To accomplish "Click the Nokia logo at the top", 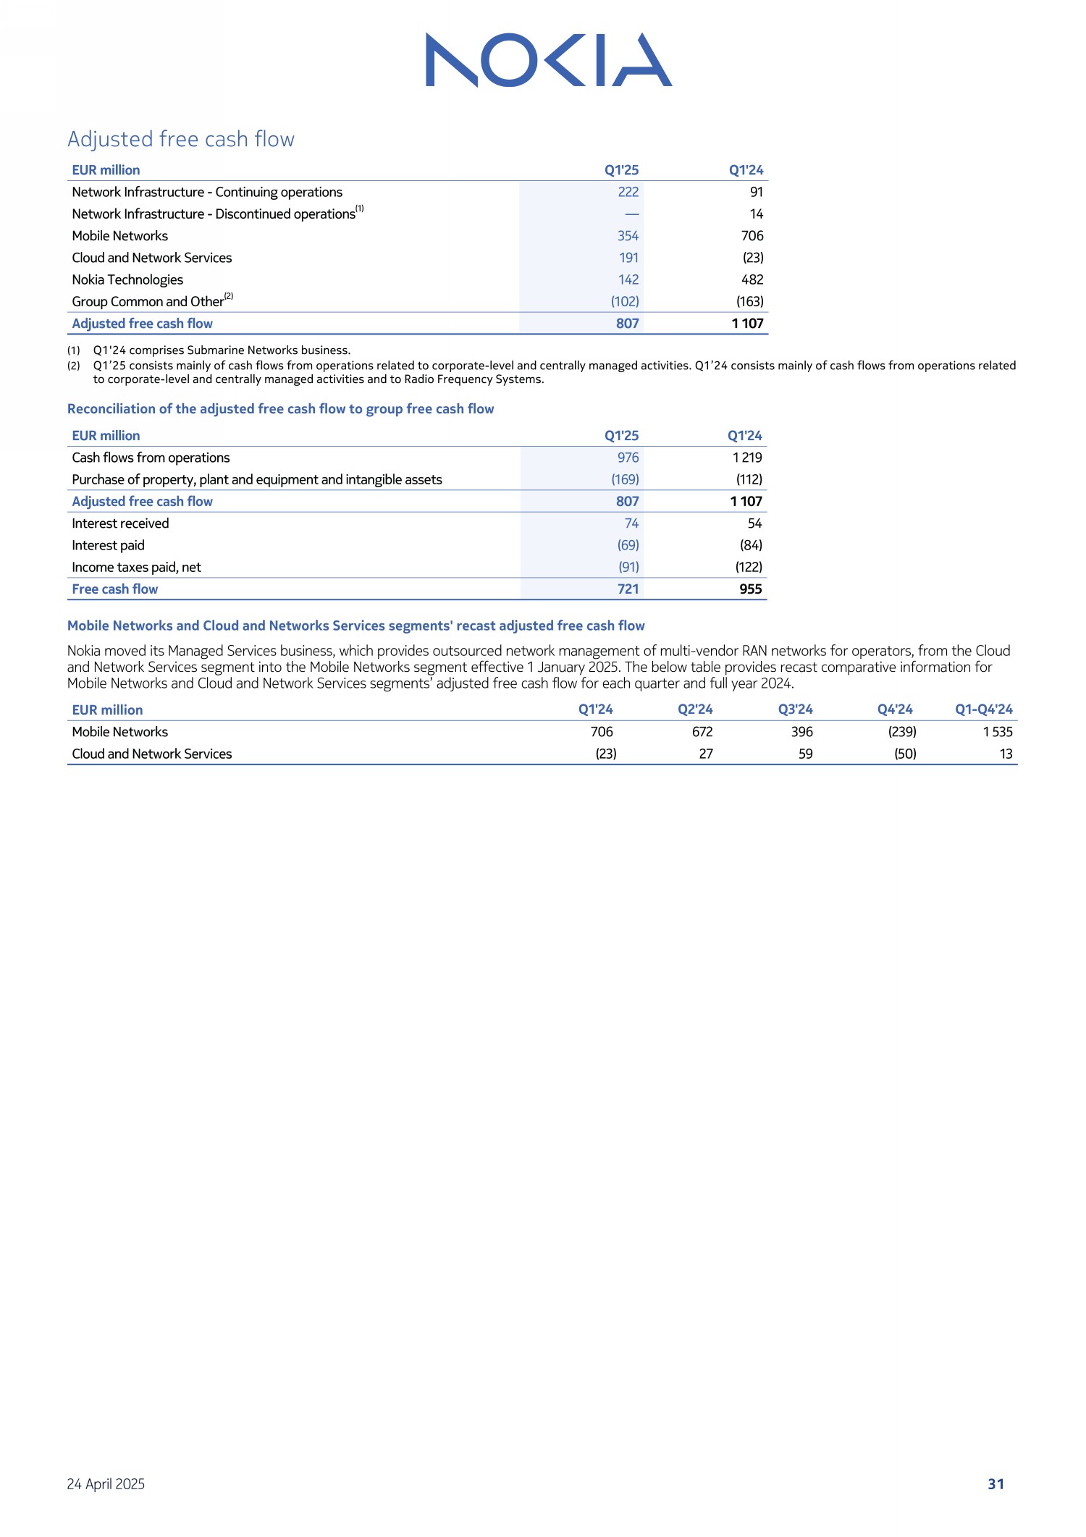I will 548,60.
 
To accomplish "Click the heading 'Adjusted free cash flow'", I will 181,139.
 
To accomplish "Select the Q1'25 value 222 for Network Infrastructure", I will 628,192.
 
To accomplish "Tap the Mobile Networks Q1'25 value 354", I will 628,236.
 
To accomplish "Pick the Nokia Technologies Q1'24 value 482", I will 752,279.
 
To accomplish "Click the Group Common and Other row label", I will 148,301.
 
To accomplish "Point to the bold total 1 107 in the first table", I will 747,324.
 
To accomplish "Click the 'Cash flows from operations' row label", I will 151,458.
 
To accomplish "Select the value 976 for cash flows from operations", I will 628,458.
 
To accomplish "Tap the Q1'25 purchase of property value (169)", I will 625,479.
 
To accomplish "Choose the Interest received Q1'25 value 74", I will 631,523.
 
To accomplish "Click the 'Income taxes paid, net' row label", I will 136,567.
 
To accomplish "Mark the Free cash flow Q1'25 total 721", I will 628,589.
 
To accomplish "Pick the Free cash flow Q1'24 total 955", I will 750,589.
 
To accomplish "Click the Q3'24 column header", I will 795,709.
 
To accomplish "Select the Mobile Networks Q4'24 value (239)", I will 902,732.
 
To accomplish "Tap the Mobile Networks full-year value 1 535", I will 997,732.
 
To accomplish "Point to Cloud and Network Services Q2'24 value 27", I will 706,754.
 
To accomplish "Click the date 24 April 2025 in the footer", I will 106,1483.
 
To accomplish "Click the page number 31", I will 995,1483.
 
